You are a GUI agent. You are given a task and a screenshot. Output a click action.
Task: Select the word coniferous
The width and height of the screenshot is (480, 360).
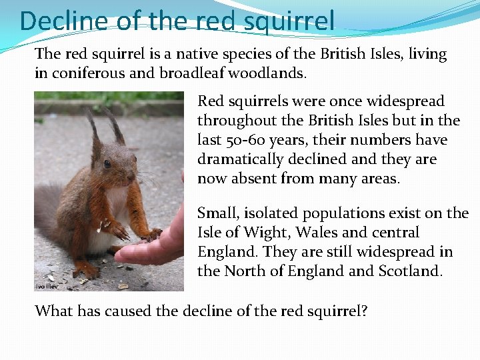click(87, 73)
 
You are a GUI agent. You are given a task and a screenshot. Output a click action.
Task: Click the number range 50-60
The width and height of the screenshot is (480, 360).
click(247, 140)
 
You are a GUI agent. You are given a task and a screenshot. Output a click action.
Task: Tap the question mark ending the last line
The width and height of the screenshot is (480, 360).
click(364, 311)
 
